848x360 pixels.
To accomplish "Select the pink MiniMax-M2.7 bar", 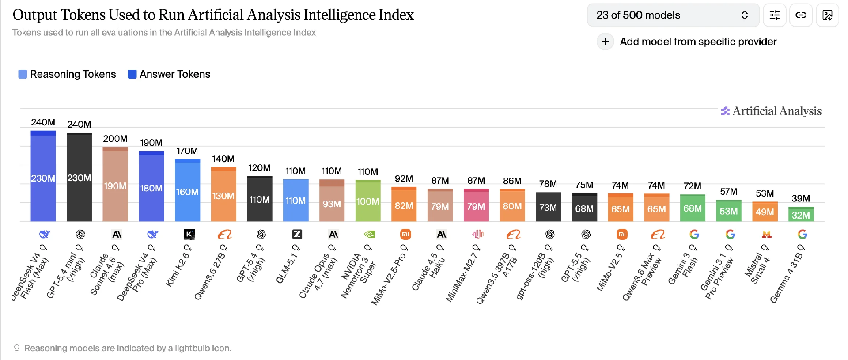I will (476, 205).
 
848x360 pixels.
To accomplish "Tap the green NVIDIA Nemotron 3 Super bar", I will (368, 201).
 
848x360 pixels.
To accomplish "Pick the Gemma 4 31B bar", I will (801, 214).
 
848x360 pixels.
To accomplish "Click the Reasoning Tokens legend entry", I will (67, 74).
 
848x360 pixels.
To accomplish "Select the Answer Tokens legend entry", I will (169, 74).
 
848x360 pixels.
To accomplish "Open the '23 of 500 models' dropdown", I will (673, 15).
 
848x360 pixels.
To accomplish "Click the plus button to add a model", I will (605, 42).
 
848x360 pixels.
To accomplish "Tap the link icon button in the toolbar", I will (801, 15).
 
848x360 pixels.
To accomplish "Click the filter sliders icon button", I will (775, 15).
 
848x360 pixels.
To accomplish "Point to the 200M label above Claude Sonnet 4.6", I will (115, 139).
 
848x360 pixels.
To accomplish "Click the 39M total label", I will (801, 198).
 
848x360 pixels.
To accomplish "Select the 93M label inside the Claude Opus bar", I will (332, 204).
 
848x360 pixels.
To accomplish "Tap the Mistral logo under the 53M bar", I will (766, 234).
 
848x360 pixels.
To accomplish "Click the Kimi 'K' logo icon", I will (189, 234).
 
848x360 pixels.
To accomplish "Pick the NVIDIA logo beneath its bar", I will (370, 234).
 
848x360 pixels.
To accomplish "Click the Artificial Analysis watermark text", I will (776, 111).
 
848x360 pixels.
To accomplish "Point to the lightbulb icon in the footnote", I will (17, 348).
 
